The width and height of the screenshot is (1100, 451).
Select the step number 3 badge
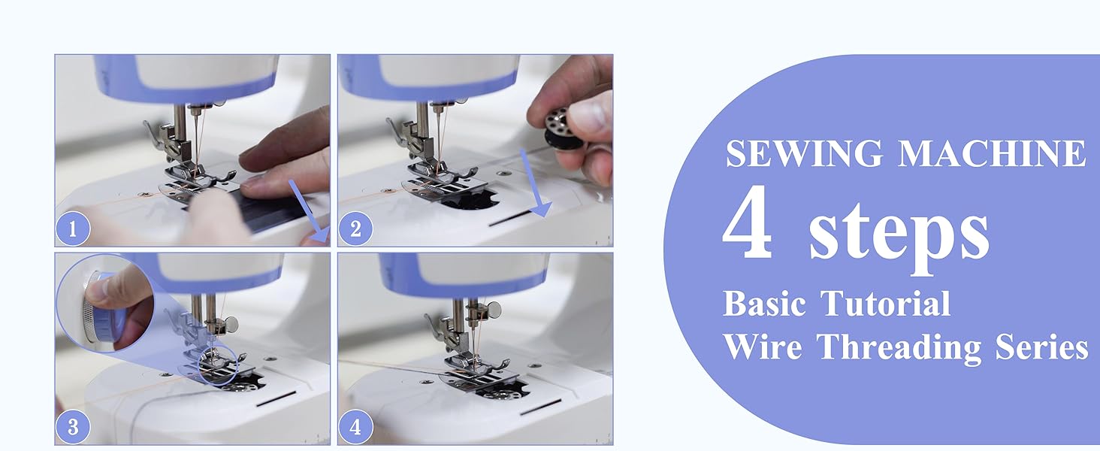tap(73, 428)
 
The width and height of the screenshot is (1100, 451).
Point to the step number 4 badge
tap(355, 428)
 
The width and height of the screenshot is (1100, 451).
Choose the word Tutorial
tap(885, 304)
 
